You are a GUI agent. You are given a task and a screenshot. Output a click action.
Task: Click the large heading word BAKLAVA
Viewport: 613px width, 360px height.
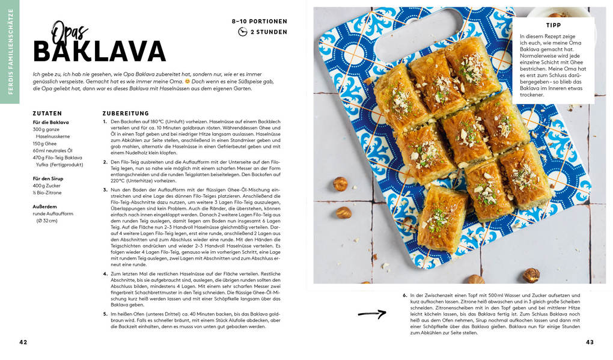pyautogui.click(x=99, y=52)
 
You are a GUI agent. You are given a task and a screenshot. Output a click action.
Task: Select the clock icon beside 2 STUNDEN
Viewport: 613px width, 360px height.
pyautogui.click(x=243, y=32)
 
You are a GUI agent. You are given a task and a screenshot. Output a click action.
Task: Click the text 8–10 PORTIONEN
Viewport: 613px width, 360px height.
pyautogui.click(x=260, y=21)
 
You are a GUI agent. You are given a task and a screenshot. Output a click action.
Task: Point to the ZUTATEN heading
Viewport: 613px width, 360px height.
pyautogui.click(x=47, y=113)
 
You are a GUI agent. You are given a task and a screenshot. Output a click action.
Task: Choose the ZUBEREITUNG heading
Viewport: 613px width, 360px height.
pyautogui.click(x=126, y=113)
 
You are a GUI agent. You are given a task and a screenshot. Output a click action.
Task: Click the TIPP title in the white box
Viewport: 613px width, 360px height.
pyautogui.click(x=554, y=25)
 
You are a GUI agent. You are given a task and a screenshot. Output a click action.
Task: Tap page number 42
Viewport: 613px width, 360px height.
pyautogui.click(x=23, y=342)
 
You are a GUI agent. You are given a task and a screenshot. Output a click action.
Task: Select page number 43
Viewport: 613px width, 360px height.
pyautogui.click(x=590, y=342)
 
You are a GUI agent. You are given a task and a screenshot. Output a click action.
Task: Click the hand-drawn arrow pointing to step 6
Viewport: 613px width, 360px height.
pyautogui.click(x=372, y=313)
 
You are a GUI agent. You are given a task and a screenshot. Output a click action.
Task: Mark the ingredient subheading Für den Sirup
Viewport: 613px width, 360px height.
pyautogui.click(x=48, y=178)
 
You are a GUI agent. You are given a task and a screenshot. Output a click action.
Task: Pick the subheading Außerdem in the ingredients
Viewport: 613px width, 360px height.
pyautogui.click(x=45, y=206)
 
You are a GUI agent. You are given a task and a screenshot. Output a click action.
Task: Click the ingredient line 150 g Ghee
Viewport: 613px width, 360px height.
pyautogui.click(x=46, y=144)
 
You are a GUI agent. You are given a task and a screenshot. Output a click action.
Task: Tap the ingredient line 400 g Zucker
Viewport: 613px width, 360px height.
pyautogui.click(x=47, y=186)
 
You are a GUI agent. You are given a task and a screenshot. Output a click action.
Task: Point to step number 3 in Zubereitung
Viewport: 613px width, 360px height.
pyautogui.click(x=105, y=190)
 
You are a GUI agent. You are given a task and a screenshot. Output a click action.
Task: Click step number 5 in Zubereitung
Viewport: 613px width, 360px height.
pyautogui.click(x=105, y=314)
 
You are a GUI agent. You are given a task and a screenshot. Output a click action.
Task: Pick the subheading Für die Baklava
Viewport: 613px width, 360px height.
pyautogui.click(x=50, y=122)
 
